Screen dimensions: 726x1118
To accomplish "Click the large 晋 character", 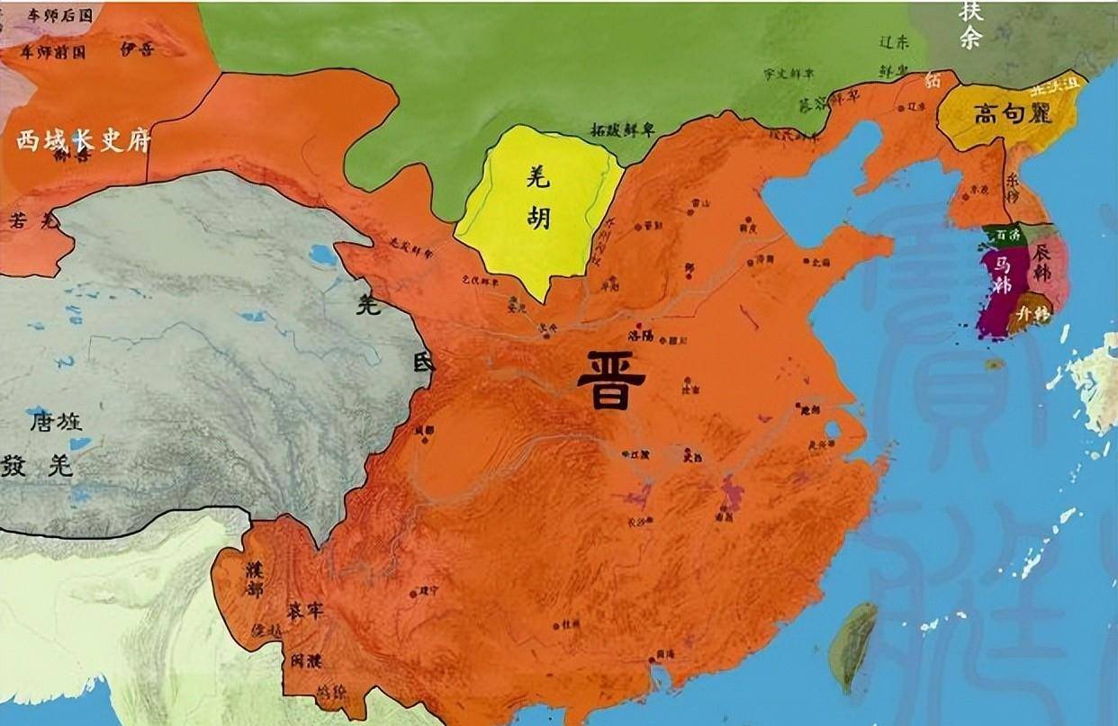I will tap(611, 380).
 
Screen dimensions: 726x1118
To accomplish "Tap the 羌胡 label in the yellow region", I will tap(537, 200).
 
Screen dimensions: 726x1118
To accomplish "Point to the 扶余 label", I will tap(969, 25).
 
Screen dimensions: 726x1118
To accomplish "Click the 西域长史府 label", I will tap(82, 141).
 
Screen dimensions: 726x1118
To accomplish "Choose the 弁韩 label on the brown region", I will tap(1031, 315).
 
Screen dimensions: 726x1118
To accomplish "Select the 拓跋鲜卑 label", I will tap(622, 130).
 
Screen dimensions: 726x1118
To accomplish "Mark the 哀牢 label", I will tap(306, 611).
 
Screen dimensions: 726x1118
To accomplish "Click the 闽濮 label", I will tap(302, 661).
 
